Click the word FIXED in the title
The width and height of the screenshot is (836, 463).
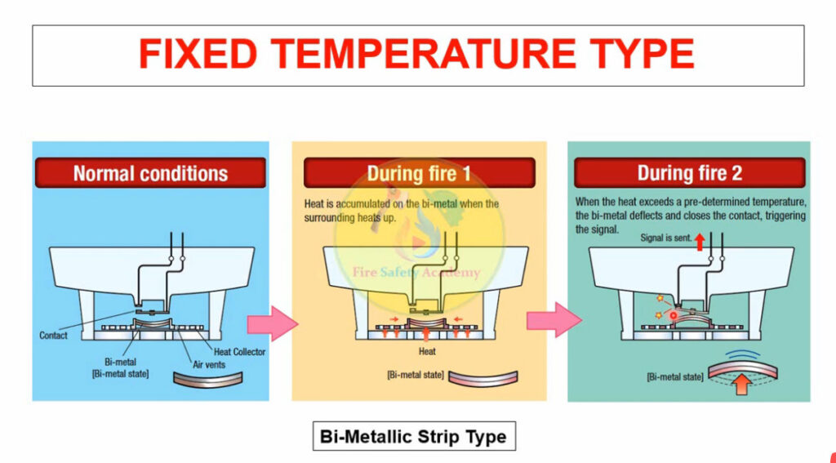198,54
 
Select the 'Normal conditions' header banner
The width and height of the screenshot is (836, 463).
150,173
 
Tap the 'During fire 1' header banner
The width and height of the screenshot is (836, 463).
419,173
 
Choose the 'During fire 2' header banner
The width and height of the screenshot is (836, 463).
689,173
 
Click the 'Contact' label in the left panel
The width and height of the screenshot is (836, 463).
53,336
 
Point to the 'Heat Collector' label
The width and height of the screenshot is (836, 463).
239,351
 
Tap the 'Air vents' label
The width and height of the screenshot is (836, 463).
209,365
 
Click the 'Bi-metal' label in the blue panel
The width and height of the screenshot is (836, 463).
120,362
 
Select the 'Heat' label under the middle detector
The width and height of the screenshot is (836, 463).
427,351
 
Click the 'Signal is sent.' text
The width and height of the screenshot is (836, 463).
665,238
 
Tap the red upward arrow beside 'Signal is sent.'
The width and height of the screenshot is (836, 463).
700,242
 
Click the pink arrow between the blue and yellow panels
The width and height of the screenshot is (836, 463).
273,323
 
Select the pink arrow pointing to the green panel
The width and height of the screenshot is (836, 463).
554,319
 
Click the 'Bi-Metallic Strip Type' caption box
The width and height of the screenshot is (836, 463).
414,436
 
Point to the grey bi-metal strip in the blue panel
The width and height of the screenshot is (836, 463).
208,381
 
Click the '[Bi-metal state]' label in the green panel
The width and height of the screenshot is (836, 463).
675,377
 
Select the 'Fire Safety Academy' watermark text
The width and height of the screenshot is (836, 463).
416,273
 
